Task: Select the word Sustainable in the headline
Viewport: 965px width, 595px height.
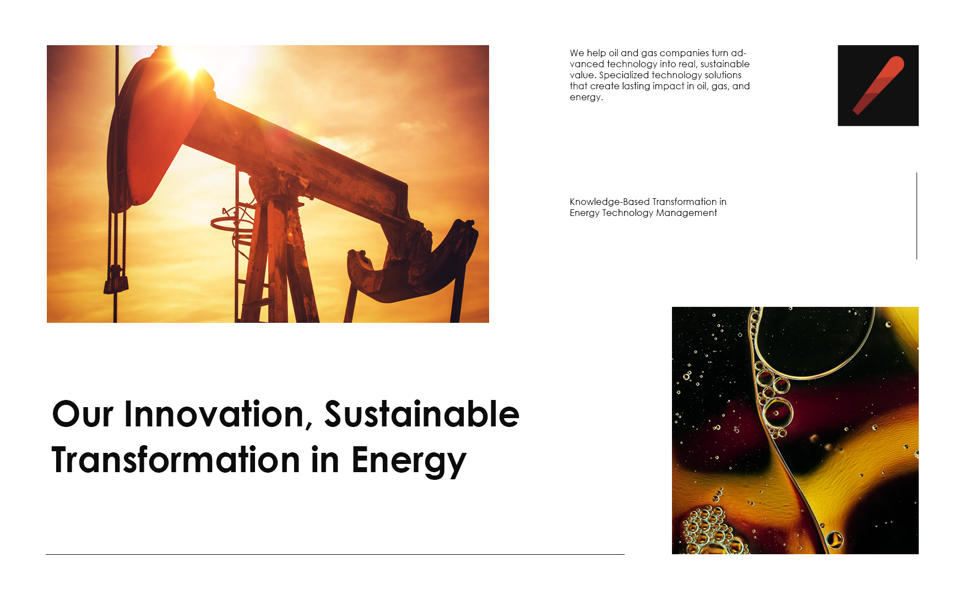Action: (422, 414)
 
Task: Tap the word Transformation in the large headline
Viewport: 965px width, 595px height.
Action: (176, 460)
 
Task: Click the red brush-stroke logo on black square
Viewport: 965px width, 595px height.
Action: (878, 85)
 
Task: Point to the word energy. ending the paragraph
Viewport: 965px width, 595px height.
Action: (586, 98)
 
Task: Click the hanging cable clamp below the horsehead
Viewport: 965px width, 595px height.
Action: (116, 279)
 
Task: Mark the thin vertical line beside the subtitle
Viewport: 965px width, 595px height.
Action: (917, 216)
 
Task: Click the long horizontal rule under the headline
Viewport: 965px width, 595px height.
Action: (335, 554)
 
